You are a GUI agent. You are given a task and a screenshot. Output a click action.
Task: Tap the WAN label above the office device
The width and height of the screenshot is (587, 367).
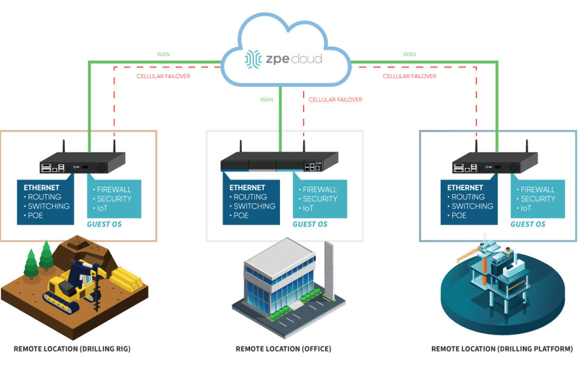[266, 99]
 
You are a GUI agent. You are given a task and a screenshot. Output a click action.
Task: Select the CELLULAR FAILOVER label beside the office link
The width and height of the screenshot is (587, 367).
[335, 99]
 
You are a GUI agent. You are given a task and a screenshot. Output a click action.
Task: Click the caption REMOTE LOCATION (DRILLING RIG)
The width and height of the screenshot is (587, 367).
[72, 349]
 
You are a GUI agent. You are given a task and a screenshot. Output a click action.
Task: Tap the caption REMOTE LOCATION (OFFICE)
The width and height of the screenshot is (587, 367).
[283, 349]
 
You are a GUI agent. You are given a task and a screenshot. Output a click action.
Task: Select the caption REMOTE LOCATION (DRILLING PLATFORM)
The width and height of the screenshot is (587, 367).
[502, 349]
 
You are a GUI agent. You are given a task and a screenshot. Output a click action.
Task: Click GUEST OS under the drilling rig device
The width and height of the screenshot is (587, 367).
[104, 224]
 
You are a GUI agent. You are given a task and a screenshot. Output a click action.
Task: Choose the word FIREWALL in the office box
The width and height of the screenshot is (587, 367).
[320, 190]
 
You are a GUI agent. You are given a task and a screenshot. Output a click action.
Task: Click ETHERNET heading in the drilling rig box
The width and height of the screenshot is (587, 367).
[41, 188]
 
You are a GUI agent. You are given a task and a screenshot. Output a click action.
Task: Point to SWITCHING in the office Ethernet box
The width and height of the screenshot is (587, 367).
[255, 206]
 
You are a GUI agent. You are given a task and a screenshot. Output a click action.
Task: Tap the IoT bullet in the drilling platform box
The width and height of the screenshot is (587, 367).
[526, 208]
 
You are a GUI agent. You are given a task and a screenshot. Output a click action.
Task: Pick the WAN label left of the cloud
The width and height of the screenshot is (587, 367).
[163, 54]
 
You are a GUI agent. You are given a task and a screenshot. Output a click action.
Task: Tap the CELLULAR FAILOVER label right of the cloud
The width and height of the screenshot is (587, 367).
[409, 76]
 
